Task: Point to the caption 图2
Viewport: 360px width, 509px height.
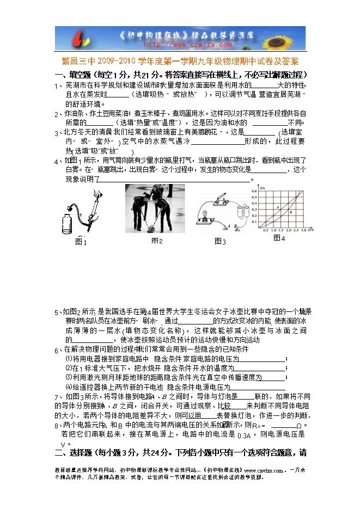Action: pos(157,241)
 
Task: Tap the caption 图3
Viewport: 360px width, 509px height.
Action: pos(220,241)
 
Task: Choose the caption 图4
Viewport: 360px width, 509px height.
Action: pos(279,238)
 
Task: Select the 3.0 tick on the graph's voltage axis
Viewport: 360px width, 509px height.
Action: pos(302,230)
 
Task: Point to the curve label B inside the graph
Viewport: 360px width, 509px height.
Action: pos(291,212)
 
